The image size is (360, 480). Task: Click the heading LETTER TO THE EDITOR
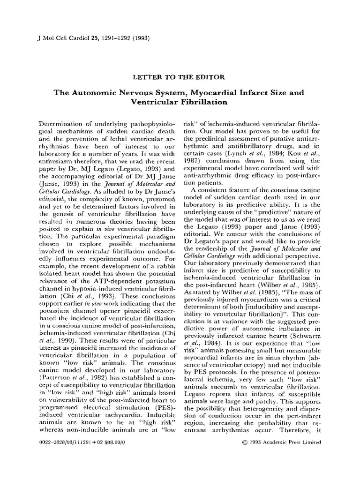coord(180,76)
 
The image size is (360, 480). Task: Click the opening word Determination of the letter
coord(60,123)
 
